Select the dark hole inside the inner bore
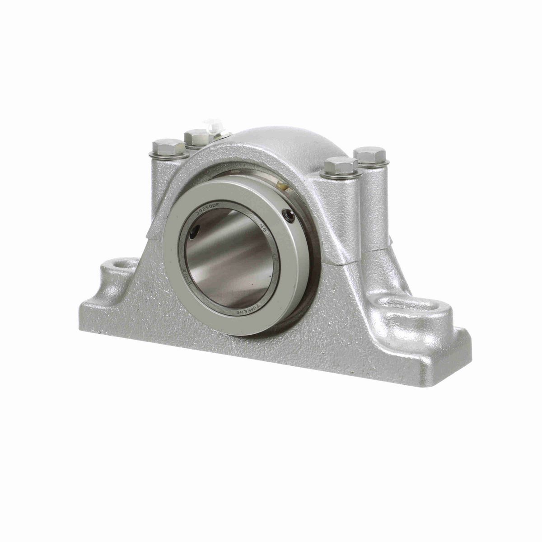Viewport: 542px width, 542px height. (x=193, y=234)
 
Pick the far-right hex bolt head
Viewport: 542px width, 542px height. (x=370, y=154)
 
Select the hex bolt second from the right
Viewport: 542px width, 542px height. (x=341, y=165)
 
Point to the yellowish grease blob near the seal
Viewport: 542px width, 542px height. (x=283, y=185)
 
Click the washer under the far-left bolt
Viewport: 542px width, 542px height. (x=168, y=155)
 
